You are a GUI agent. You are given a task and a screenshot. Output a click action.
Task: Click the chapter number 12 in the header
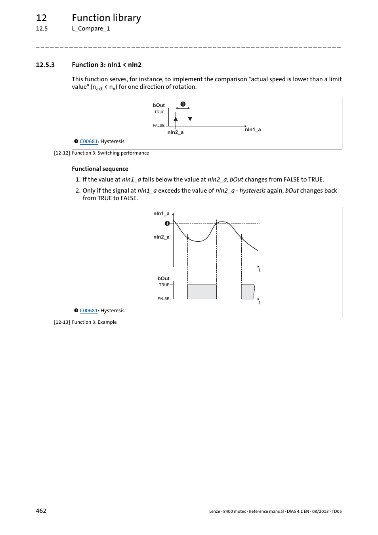tap(41, 18)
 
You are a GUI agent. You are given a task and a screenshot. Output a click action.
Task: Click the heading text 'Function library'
tap(106, 18)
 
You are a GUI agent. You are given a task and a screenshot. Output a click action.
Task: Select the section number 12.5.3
tap(45, 65)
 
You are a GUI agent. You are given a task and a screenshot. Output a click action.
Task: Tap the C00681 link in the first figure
tap(88, 141)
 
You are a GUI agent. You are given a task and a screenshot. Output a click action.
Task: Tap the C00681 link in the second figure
tap(88, 311)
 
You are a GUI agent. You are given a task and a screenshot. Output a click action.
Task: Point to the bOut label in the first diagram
tap(158, 105)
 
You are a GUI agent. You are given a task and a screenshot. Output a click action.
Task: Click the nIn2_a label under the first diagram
tap(175, 132)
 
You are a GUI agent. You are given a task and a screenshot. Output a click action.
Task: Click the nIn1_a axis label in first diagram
tap(252, 130)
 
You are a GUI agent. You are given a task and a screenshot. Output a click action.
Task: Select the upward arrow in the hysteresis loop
tap(176, 119)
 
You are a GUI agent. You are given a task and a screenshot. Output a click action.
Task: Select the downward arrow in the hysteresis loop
tap(190, 119)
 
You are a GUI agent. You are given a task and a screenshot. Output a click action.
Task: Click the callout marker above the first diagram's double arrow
tap(183, 104)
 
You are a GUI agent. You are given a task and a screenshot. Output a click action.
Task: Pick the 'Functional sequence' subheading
tap(100, 169)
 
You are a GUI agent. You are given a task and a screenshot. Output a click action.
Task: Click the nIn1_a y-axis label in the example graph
tap(161, 214)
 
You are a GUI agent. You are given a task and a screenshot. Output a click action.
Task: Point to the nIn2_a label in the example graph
tap(161, 237)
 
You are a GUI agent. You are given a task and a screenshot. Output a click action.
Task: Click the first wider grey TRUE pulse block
tap(202, 292)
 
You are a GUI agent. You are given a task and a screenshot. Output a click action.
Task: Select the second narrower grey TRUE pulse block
tap(248, 292)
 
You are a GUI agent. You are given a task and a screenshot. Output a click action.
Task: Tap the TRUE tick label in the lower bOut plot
tap(164, 285)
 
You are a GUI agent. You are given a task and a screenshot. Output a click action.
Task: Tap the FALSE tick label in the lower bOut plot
tap(163, 299)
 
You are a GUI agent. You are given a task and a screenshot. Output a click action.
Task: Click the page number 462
tap(41, 511)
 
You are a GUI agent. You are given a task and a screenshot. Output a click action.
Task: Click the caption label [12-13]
tap(62, 322)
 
